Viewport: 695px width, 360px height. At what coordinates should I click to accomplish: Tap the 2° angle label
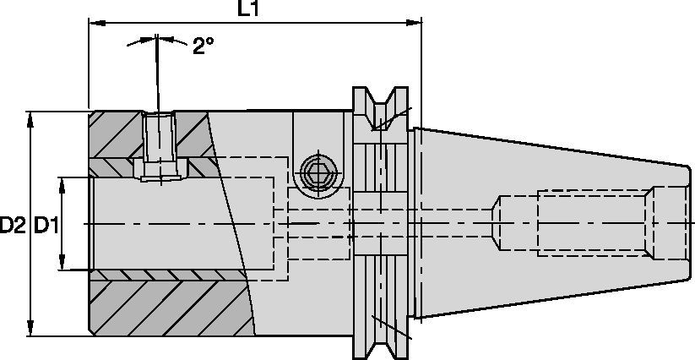pyautogui.click(x=203, y=46)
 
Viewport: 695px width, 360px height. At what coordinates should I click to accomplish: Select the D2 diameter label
pyautogui.click(x=13, y=225)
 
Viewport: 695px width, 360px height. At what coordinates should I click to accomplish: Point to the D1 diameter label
pyautogui.click(x=45, y=225)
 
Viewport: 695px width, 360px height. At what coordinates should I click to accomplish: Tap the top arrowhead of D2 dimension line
pyautogui.click(x=33, y=116)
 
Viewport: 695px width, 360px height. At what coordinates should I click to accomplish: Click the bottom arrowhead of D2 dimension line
pyautogui.click(x=33, y=330)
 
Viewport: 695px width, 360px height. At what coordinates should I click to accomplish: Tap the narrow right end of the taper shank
pyautogui.click(x=681, y=223)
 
